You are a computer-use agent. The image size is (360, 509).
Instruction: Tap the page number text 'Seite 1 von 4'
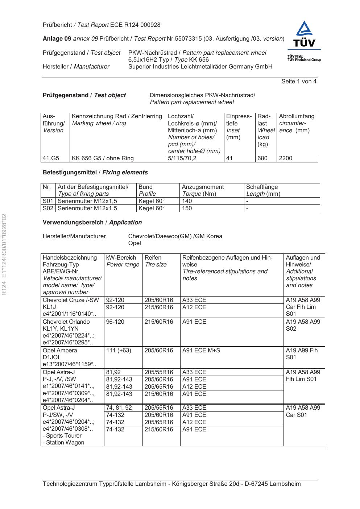(x=299, y=82)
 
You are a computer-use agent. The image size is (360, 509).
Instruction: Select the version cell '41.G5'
(x=51, y=158)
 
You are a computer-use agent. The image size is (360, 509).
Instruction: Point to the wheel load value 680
(x=262, y=158)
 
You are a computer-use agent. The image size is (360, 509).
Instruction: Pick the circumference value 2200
(x=286, y=158)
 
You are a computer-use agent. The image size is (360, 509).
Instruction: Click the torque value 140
(x=187, y=201)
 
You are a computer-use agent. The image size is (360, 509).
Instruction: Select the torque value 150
(x=187, y=208)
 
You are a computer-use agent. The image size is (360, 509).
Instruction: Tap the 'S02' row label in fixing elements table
(x=48, y=208)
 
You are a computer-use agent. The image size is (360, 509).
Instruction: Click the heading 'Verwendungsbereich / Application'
(x=92, y=223)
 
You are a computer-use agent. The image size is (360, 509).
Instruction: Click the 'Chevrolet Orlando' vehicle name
(x=66, y=322)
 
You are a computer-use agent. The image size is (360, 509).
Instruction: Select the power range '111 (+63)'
(x=119, y=351)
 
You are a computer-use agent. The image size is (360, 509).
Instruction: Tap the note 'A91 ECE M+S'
(x=201, y=351)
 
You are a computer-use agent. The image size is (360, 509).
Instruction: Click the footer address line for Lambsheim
(x=171, y=484)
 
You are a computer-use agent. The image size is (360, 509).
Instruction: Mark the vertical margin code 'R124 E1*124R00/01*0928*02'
(x=5, y=255)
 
